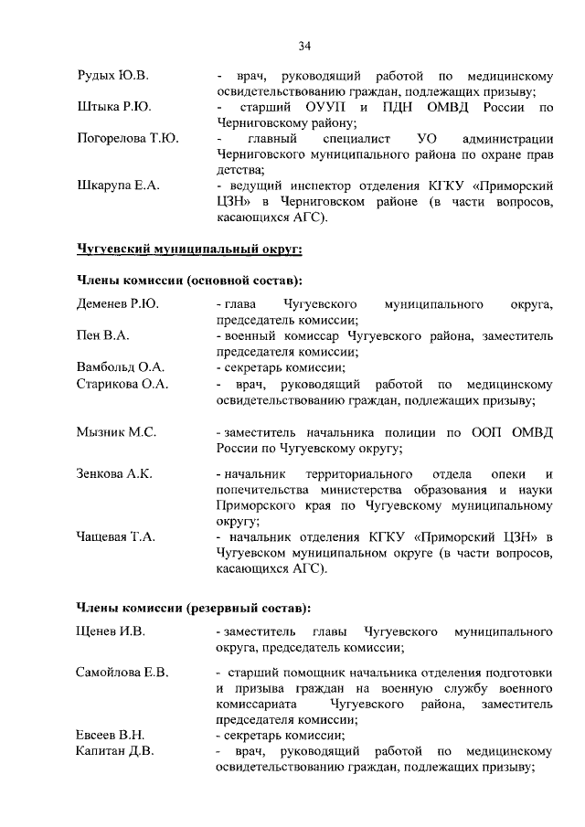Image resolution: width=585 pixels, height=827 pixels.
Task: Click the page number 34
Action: coord(304,46)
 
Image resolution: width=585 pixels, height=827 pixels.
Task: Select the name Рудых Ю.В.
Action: coord(112,75)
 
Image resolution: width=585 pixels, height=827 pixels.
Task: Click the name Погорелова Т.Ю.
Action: coord(127,139)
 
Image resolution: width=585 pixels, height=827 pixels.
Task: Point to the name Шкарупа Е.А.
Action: coord(118,186)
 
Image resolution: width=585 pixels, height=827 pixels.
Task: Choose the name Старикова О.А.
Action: coord(122,384)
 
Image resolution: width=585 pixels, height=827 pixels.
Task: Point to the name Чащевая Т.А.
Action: coord(115,536)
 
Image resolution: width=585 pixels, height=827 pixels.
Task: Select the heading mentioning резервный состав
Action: coord(193,606)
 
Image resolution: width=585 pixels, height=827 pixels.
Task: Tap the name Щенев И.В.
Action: coord(111,631)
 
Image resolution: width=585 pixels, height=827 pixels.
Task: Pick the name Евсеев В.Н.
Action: coord(111,735)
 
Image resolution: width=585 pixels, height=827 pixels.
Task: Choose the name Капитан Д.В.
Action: coord(114,751)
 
